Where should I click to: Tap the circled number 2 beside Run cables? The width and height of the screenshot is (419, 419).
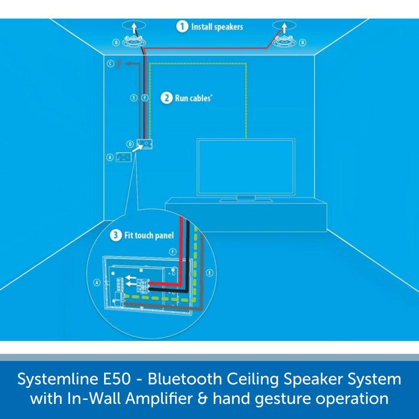pyautogui.click(x=166, y=98)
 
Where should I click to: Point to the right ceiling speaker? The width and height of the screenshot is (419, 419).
pyautogui.click(x=284, y=42)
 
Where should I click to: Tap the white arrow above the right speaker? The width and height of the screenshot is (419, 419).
pyautogui.click(x=284, y=27)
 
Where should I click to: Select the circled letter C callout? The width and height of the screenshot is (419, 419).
pyautogui.click(x=110, y=63)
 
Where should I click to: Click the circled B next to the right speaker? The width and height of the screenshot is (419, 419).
pyautogui.click(x=302, y=42)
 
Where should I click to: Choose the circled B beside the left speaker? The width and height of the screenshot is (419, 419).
pyautogui.click(x=115, y=42)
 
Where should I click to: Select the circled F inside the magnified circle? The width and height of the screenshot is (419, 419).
pyautogui.click(x=172, y=253)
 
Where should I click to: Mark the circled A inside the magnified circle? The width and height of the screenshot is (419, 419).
pyautogui.click(x=96, y=281)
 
